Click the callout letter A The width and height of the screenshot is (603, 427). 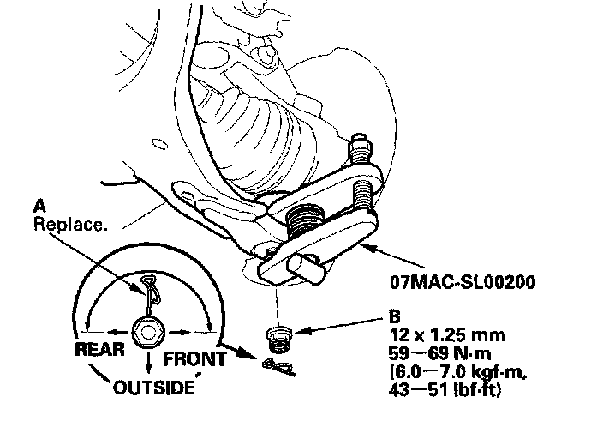39,207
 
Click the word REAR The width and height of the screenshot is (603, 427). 100,351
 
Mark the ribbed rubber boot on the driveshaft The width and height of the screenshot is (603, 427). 240,120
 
